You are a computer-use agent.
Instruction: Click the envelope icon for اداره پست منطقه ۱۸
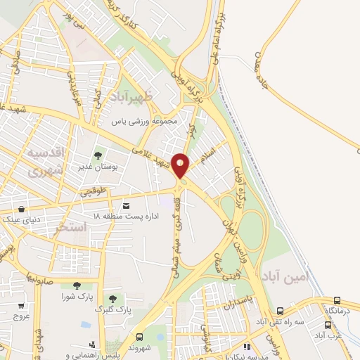tap(126, 205)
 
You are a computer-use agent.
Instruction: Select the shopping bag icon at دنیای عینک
tap(23, 209)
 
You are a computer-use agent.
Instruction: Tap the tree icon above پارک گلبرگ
tap(113, 299)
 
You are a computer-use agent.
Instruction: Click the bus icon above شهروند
tap(139, 337)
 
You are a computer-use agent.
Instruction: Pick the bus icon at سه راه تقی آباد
tap(280, 311)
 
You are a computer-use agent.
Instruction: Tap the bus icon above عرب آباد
tap(328, 325)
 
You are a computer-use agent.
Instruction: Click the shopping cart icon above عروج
tap(21, 305)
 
